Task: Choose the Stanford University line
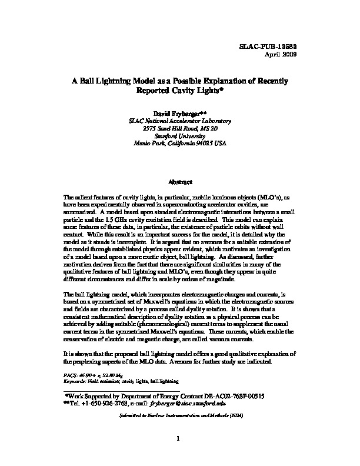[x=180, y=135]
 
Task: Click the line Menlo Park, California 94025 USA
[x=180, y=143]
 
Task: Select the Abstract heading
[x=180, y=182]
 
